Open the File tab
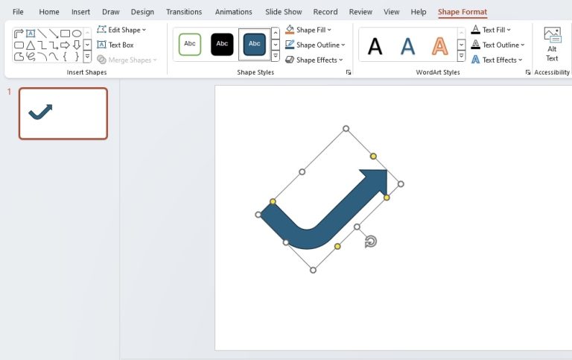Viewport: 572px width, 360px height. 18,12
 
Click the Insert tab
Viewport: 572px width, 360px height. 80,12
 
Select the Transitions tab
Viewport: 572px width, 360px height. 184,12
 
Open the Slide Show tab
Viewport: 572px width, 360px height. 283,12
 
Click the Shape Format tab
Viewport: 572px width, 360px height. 462,12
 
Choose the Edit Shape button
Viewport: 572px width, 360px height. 122,30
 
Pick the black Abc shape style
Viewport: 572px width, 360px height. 222,44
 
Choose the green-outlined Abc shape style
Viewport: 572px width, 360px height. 190,44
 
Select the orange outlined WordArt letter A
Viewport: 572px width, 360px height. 440,46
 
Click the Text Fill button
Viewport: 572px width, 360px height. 491,30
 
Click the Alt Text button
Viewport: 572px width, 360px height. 552,44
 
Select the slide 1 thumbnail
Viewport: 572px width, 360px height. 63,113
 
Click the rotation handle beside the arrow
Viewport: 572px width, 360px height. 371,241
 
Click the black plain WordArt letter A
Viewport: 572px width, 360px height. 375,46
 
